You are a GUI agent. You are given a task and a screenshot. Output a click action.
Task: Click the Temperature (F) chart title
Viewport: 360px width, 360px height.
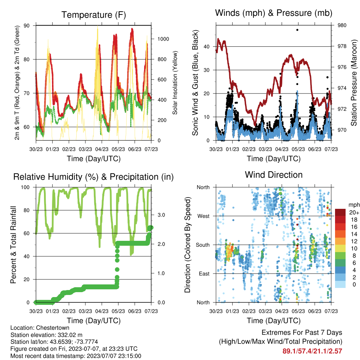(94, 15)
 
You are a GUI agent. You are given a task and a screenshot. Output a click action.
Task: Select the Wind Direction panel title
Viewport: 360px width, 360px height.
(274, 175)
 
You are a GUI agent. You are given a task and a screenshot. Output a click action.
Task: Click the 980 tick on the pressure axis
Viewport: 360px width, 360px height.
(342, 25)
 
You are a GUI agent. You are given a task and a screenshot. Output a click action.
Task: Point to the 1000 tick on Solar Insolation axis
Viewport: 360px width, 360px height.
(163, 39)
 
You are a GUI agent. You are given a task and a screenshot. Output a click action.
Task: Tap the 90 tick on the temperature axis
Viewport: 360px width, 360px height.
(26, 25)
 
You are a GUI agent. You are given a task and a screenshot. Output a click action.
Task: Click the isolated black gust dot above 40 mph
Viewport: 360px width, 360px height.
(297, 30)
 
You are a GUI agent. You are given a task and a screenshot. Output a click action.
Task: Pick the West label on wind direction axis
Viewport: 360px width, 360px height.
(204, 216)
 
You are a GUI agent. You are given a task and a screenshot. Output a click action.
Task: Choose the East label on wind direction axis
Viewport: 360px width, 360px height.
(204, 274)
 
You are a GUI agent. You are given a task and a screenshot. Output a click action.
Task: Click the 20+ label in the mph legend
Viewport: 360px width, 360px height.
(354, 212)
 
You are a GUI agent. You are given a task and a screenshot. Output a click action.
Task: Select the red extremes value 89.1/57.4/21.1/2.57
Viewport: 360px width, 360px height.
(312, 351)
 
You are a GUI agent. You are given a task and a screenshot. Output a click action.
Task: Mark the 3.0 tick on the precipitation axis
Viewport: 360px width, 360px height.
(161, 215)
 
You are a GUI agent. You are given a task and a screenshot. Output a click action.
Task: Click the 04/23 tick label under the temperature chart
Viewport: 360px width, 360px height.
(102, 149)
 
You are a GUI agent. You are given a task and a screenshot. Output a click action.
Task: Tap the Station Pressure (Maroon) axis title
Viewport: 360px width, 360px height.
(354, 83)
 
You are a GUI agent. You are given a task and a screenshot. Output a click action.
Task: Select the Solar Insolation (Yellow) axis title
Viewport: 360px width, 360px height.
(175, 83)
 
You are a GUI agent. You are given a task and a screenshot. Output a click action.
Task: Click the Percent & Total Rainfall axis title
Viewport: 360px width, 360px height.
(13, 245)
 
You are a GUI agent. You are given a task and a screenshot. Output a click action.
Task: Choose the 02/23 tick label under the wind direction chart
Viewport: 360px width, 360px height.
(249, 311)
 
